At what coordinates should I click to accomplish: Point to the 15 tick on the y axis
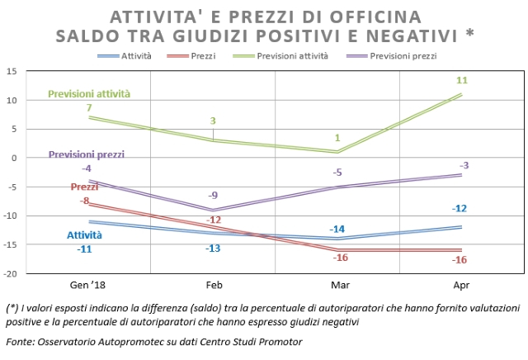11,72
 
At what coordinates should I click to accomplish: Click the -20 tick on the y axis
9,273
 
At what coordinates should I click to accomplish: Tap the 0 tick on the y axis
13,158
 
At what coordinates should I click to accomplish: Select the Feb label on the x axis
214,285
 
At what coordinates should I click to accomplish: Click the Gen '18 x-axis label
89,285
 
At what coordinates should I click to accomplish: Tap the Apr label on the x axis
461,285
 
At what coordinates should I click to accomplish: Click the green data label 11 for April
462,81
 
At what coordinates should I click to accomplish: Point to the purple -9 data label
214,196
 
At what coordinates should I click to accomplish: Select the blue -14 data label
337,229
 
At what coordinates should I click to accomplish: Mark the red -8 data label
84,201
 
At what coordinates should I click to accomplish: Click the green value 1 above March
337,138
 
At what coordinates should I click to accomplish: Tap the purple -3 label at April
464,165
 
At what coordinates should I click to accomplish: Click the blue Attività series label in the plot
85,234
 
